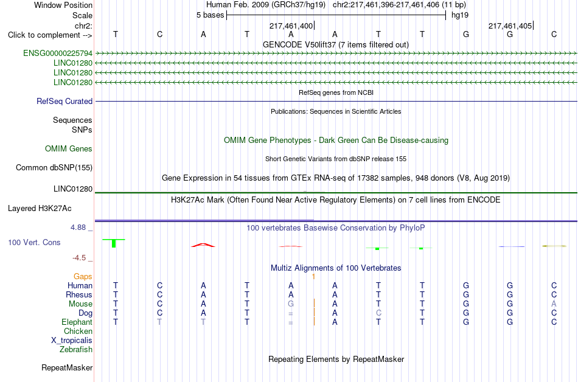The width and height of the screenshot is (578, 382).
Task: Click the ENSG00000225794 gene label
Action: pyautogui.click(x=58, y=54)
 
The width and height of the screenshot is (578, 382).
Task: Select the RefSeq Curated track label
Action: pyautogui.click(x=64, y=102)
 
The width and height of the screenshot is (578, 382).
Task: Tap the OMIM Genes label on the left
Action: pyautogui.click(x=69, y=149)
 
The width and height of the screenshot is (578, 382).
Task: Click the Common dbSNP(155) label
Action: pyautogui.click(x=54, y=168)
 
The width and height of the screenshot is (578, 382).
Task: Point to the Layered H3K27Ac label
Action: pyautogui.click(x=40, y=209)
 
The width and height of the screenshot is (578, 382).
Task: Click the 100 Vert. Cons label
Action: pyautogui.click(x=34, y=242)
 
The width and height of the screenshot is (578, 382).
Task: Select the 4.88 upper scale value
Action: pyautogui.click(x=78, y=227)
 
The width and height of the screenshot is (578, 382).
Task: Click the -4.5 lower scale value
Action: pyautogui.click(x=79, y=258)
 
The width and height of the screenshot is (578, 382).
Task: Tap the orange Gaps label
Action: pyautogui.click(x=83, y=277)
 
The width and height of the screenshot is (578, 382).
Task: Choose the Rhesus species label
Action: pyautogui.click(x=79, y=294)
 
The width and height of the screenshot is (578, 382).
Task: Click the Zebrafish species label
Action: pyautogui.click(x=76, y=350)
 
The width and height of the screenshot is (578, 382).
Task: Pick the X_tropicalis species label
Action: pyautogui.click(x=72, y=341)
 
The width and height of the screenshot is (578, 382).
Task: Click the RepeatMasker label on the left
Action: pyautogui.click(x=67, y=367)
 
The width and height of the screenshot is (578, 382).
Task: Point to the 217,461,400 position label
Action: pyautogui.click(x=291, y=26)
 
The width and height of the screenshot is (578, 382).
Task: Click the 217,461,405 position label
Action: pyautogui.click(x=510, y=26)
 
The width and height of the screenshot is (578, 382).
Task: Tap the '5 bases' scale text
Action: pyautogui.click(x=210, y=15)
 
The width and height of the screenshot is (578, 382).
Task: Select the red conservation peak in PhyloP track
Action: pyautogui.click(x=203, y=245)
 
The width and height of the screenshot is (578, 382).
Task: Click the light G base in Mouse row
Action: pyautogui.click(x=291, y=304)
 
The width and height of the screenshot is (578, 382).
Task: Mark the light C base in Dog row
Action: pyautogui.click(x=378, y=313)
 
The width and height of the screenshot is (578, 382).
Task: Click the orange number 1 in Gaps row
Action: pyautogui.click(x=313, y=277)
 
